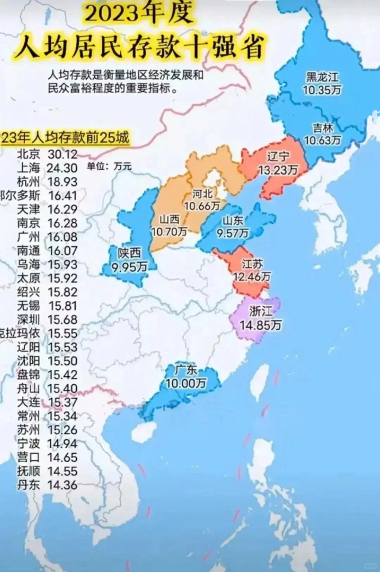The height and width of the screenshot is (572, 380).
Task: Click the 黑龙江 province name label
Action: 322,77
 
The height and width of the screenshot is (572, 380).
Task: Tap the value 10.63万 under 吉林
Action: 322,140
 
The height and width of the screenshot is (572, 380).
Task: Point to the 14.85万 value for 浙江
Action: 260,325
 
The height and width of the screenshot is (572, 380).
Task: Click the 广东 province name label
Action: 186,370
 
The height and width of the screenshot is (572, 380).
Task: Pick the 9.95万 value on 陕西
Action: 129,267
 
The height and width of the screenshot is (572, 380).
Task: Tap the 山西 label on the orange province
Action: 170,219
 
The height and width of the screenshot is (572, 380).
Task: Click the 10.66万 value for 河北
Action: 202,206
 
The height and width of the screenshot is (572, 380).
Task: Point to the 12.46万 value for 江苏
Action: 252,277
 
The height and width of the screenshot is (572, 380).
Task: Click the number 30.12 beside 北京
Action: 62,154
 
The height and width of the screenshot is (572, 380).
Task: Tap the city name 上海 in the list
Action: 28,168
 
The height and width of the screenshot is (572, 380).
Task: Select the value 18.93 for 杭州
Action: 62,182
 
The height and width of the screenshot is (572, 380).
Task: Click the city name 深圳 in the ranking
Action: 28,319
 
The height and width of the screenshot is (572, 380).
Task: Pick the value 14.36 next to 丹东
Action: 62,485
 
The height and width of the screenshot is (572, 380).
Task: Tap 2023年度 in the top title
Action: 139,13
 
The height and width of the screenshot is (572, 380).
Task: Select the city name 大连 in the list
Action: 28,402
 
